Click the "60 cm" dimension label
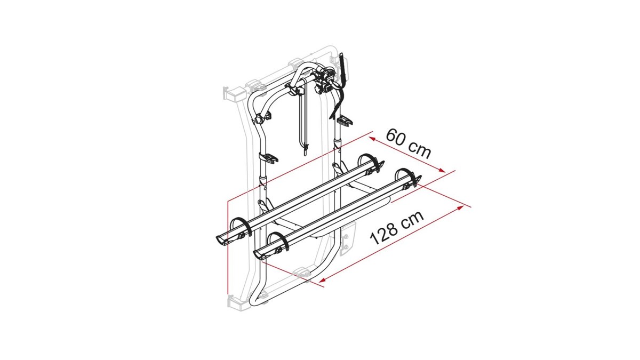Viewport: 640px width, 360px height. coord(408,143)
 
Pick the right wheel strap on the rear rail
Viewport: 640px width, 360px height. coord(371,162)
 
